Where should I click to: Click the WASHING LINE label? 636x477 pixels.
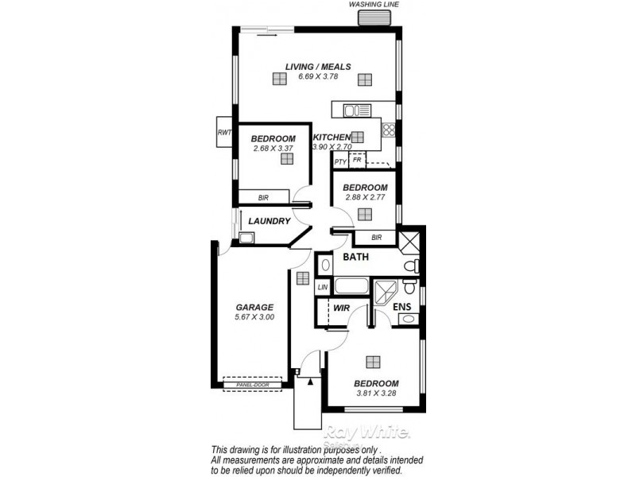(x=374, y=5)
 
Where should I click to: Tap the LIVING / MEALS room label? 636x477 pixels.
(x=318, y=67)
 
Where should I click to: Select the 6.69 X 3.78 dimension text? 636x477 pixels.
(x=318, y=77)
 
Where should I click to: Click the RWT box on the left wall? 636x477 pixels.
(x=223, y=133)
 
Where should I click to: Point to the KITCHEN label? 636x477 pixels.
(x=332, y=138)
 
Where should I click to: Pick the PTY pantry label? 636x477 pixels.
(x=340, y=161)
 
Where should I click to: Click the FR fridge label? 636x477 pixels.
(x=358, y=160)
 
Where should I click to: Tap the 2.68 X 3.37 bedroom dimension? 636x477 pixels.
(x=273, y=149)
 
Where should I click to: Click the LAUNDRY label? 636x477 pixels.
(x=269, y=221)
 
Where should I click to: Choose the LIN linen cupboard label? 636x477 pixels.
(x=323, y=287)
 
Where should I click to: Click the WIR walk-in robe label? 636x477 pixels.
(x=342, y=307)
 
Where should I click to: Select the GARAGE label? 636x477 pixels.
(x=254, y=308)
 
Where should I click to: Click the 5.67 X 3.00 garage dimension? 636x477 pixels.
(x=254, y=318)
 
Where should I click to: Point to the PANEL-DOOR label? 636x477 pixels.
(x=252, y=386)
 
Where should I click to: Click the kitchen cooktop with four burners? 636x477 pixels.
(x=390, y=130)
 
